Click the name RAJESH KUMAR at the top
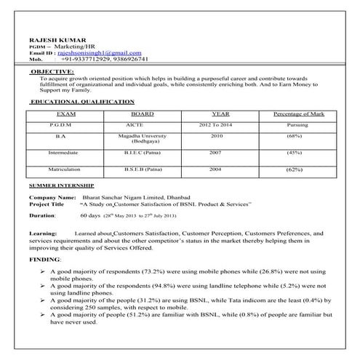click(52, 38)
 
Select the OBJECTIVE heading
click(52, 72)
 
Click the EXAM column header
click(65, 114)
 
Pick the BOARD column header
click(143, 114)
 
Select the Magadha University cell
click(143, 138)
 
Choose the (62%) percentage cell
click(295, 170)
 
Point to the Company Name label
click(52, 198)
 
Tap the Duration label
click(42, 216)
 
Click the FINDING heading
click(44, 260)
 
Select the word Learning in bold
click(42, 232)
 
